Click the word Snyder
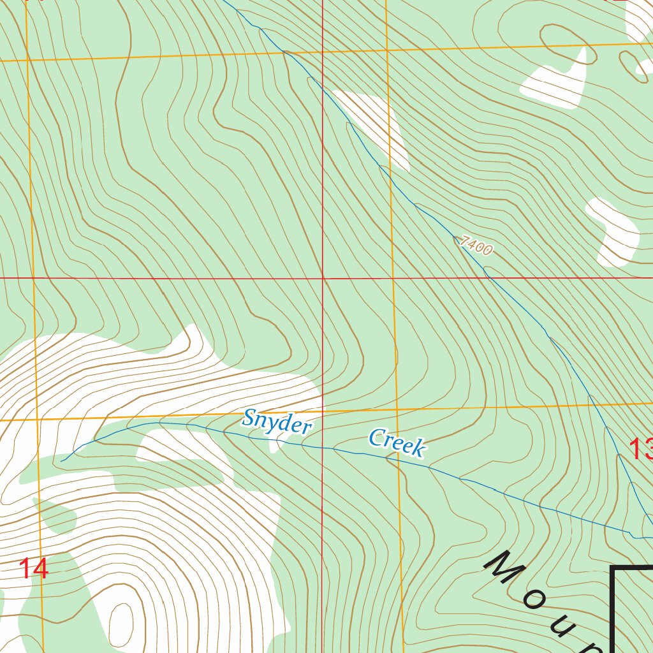277,423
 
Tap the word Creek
396,443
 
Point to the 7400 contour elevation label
476,246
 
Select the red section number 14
33,569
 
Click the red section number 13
640,449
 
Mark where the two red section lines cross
323,278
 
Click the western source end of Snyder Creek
62,460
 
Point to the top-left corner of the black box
612,567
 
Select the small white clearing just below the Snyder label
275,444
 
